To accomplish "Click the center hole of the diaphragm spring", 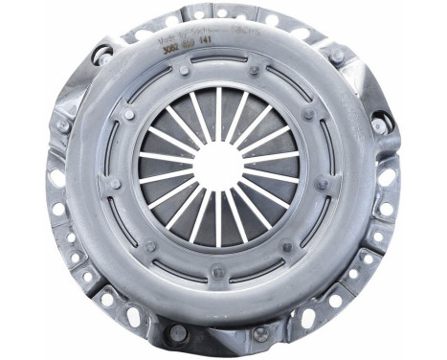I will (x=219, y=166).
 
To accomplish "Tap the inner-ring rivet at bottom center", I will (x=218, y=271).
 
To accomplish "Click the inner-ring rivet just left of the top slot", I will (x=183, y=70).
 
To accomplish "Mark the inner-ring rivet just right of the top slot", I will (x=255, y=69).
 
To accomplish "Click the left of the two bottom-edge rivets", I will (x=177, y=333).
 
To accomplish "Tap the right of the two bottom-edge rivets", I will (x=260, y=334).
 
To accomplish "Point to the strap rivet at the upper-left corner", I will (x=100, y=55).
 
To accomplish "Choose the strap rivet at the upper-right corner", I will (x=336, y=56).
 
